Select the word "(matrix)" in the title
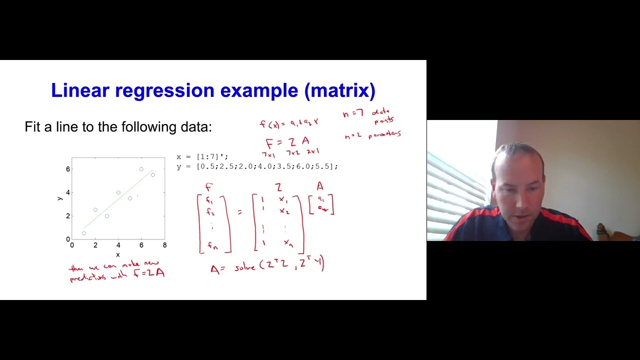(339, 90)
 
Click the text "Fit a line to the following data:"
(118, 127)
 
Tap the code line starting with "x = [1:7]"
(202, 157)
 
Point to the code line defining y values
(257, 166)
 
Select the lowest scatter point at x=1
(84, 233)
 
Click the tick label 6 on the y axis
(68, 169)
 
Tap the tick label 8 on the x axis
(164, 245)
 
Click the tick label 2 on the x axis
(95, 245)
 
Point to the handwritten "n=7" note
(352, 114)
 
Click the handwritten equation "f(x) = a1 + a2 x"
(289, 123)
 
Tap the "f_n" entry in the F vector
(213, 245)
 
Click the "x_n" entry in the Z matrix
(288, 243)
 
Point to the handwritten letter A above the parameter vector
(320, 186)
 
